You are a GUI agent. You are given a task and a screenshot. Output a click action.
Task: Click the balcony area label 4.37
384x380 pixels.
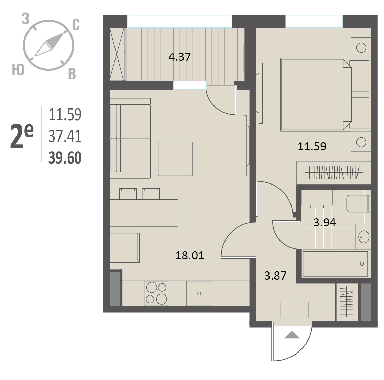[x=179, y=57]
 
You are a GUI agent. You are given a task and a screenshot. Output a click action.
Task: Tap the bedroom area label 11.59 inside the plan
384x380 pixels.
[x=312, y=147]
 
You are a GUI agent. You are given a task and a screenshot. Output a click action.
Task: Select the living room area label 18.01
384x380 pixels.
[x=190, y=256]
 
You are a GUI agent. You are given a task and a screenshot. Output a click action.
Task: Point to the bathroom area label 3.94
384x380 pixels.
[x=325, y=222]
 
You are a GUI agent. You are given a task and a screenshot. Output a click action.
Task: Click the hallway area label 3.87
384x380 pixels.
[x=275, y=276]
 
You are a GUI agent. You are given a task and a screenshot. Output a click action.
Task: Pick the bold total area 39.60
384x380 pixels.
[x=65, y=158]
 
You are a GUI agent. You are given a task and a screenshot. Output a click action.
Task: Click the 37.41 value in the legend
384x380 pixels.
[x=65, y=136]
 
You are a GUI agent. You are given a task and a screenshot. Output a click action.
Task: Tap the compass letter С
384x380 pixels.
[x=76, y=25]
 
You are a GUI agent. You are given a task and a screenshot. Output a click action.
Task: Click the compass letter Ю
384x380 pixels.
[x=18, y=70]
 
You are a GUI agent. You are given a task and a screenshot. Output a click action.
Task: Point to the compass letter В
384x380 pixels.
[x=72, y=74]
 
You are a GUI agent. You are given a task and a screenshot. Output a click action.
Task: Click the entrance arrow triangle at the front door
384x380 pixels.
[x=292, y=335]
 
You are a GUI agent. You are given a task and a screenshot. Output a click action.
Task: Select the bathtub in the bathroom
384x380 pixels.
[x=335, y=264]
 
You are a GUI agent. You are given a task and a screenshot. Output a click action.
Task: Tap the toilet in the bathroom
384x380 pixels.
[x=359, y=204]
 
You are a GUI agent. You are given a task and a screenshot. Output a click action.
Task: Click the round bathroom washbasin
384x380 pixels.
[x=364, y=236]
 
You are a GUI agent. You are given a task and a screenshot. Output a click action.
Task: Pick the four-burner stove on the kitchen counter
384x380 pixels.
[x=156, y=293]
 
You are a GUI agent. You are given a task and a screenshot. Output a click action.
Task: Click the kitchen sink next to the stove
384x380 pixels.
[x=199, y=293]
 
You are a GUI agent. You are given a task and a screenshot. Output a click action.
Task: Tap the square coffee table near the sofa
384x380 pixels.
[x=175, y=159]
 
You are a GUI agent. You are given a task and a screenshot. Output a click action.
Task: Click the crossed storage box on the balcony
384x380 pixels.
[x=117, y=54]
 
